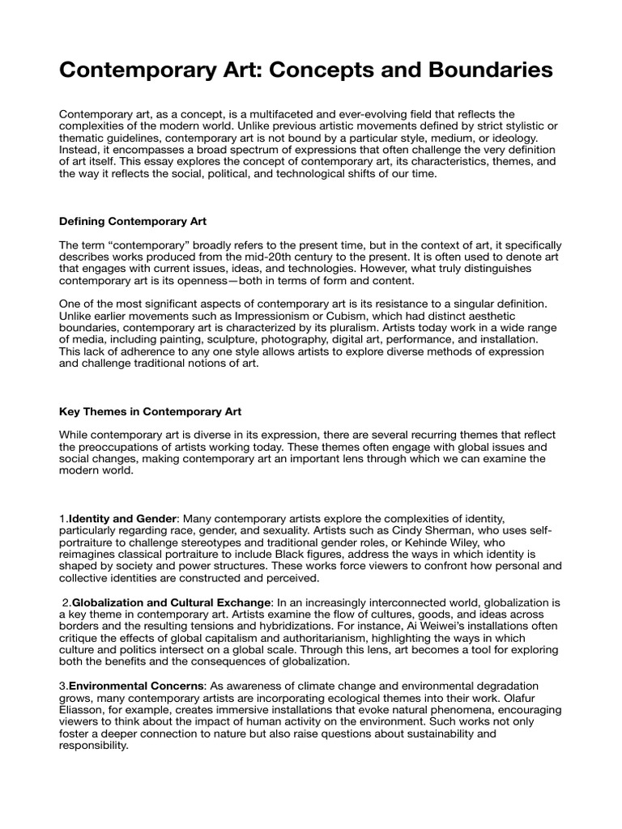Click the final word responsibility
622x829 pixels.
click(x=94, y=746)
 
